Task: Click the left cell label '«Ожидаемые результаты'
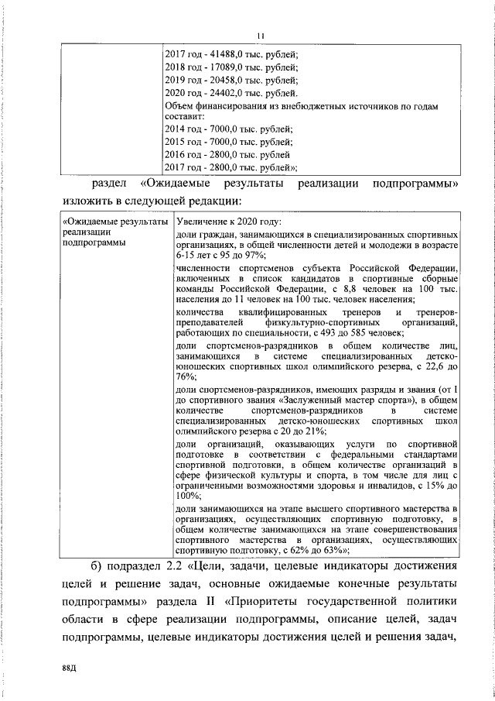(x=115, y=221)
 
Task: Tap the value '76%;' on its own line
(x=186, y=376)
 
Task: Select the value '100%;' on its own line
(x=189, y=495)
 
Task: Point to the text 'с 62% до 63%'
(x=317, y=550)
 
